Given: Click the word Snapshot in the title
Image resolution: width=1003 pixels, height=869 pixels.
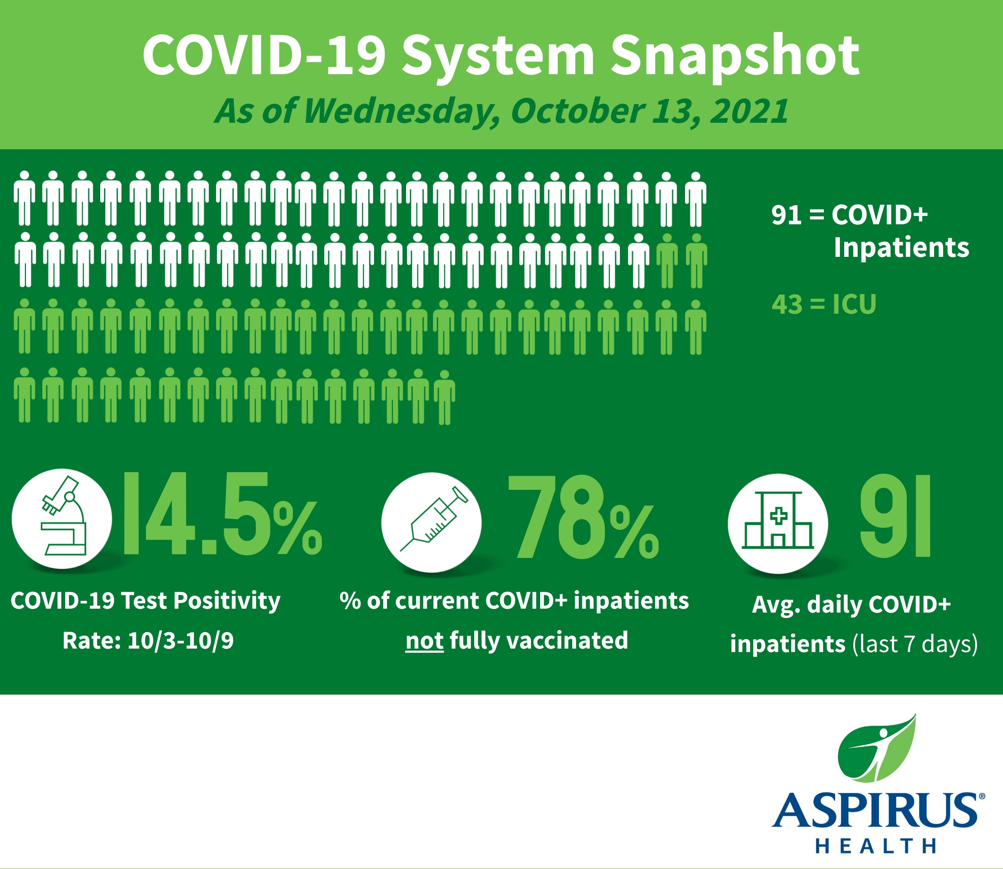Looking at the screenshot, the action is click(735, 57).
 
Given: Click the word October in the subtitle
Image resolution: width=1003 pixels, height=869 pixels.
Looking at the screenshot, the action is click(577, 111).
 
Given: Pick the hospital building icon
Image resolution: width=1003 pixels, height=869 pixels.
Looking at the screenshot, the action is click(778, 520).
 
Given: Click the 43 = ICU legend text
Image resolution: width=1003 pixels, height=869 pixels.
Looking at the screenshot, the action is click(824, 305).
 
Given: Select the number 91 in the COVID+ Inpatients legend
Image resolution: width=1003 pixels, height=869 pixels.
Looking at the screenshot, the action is click(787, 215).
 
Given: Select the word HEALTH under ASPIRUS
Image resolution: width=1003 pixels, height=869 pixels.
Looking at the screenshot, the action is click(875, 846).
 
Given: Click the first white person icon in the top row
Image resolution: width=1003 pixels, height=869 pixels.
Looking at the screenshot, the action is click(24, 198).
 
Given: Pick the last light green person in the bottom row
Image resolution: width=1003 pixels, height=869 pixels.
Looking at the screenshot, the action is click(444, 397).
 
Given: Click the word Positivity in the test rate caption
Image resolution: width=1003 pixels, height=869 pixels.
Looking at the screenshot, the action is click(227, 601).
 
